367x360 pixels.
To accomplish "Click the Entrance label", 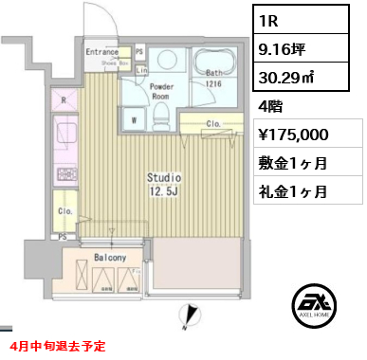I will click(101, 53).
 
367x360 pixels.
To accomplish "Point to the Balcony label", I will click(110, 257).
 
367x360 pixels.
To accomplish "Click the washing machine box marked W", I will click(134, 120).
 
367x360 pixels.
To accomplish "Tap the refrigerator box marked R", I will click(64, 99).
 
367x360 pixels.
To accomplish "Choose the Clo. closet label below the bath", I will click(214, 123).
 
